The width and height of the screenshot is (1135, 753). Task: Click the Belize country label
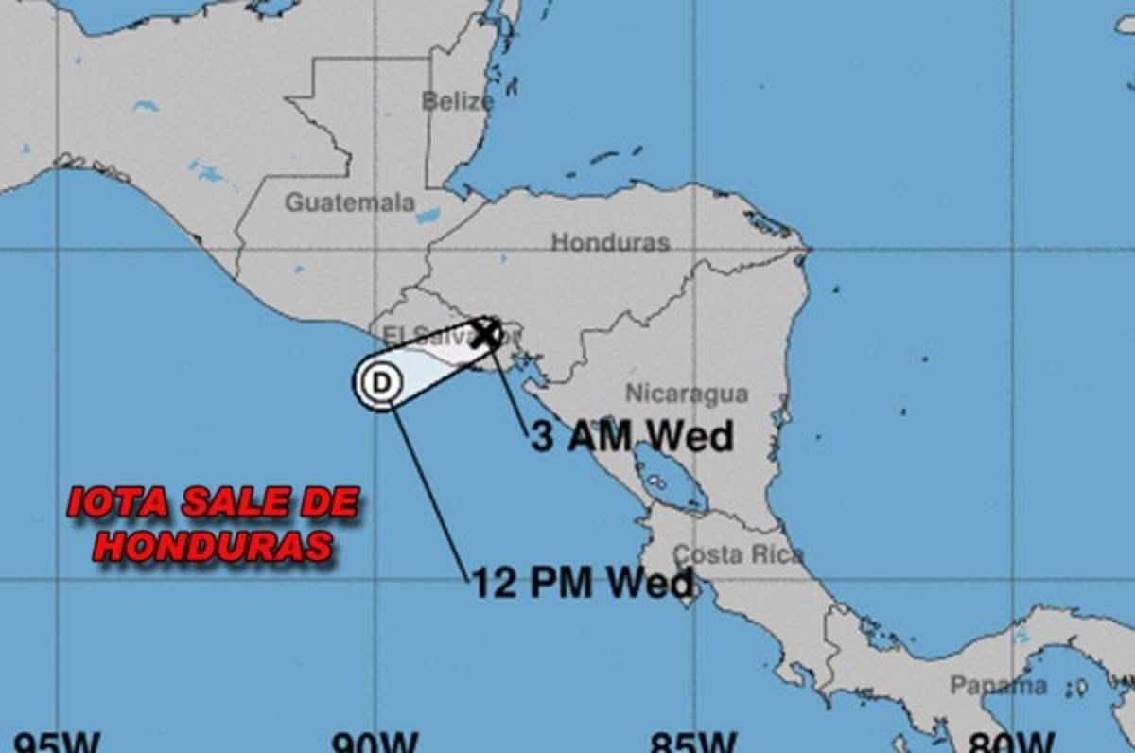pos(457,101)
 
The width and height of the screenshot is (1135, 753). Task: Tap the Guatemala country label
pos(350,202)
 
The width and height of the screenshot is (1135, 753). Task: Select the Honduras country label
pos(610,242)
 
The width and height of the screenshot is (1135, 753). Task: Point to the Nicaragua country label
pos(687,394)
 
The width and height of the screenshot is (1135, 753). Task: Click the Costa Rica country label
pos(739,554)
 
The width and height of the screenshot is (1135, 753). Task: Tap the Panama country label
pos(999,685)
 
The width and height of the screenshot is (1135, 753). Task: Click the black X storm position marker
pos(486,333)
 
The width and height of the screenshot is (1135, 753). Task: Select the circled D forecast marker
pos(381,382)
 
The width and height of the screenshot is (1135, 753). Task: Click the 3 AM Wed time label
pos(632,437)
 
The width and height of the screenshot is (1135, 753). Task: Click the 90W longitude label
pos(375,742)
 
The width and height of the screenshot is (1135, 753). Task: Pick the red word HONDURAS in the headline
pos(213,546)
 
